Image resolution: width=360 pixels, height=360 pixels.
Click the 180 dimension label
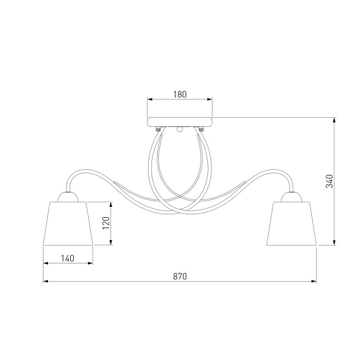(180, 94)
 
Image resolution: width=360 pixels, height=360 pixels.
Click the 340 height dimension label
(330, 181)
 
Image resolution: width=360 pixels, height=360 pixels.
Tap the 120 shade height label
(106, 223)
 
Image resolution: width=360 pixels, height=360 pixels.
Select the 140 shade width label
(68, 258)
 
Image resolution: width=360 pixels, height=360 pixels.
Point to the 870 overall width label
(180, 277)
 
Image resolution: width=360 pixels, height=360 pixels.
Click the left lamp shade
(68, 223)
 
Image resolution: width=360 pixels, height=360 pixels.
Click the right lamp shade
(291, 223)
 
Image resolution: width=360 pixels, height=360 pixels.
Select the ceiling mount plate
(180, 122)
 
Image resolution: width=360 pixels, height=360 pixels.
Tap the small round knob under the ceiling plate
(180, 130)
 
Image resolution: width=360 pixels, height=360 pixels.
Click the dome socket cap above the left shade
(68, 197)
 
